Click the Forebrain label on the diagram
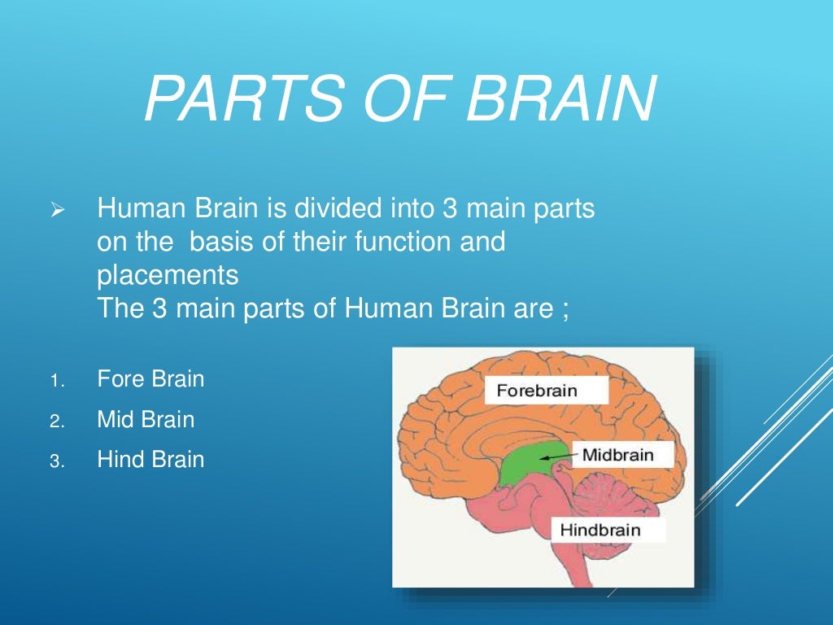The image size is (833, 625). click(x=537, y=391)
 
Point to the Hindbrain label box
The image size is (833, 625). click(x=600, y=531)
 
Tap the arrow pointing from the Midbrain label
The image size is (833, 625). click(x=560, y=458)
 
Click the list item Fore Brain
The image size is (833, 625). click(x=150, y=379)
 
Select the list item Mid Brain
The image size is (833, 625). click(x=146, y=420)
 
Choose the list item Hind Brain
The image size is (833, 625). click(x=150, y=460)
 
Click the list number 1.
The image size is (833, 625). click(x=55, y=381)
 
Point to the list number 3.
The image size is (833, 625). click(x=55, y=461)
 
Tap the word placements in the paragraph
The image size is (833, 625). click(x=168, y=276)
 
